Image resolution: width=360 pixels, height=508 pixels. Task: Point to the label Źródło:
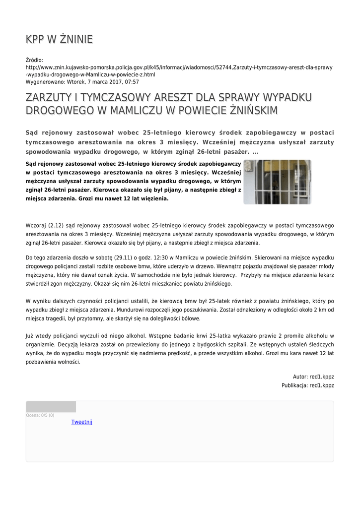tap(34, 60)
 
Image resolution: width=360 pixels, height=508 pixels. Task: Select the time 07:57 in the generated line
tap(131, 82)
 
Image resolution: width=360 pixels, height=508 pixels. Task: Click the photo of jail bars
tap(277, 182)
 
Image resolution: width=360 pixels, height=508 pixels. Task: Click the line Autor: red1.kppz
tap(313, 376)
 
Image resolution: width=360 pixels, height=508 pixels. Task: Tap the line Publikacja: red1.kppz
tap(307, 385)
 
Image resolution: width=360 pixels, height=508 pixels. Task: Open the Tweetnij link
tap(82, 422)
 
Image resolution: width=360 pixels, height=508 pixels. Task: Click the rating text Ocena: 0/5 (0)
tap(40, 415)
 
